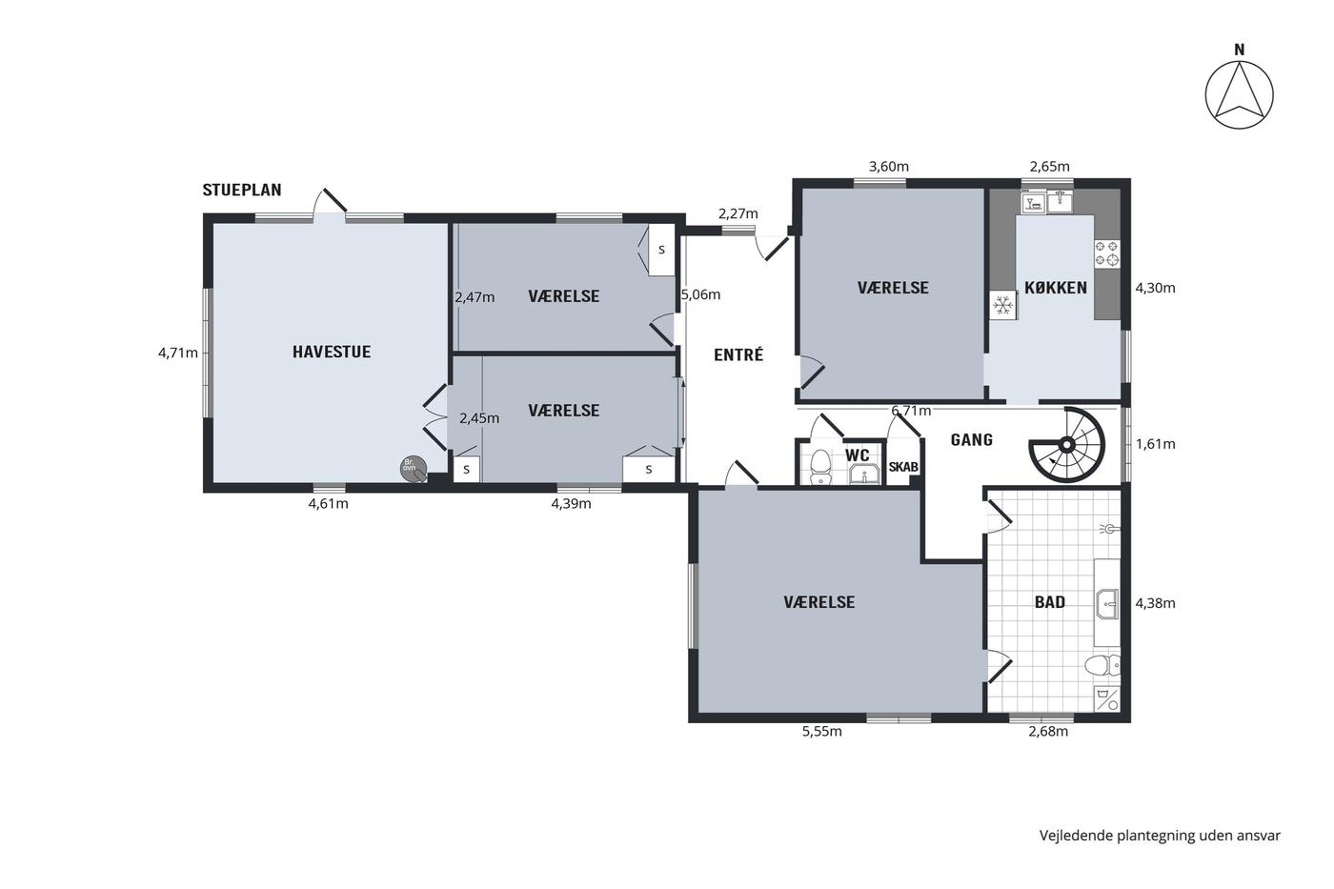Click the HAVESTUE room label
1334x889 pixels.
(x=332, y=352)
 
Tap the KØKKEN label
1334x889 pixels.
(x=1056, y=288)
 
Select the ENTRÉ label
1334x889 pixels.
(x=738, y=354)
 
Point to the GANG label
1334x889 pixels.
(x=971, y=440)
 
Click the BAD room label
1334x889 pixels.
(x=1049, y=602)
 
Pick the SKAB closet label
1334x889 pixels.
(x=903, y=468)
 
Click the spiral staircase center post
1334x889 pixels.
(x=1066, y=444)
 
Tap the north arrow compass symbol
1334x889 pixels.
(x=1240, y=95)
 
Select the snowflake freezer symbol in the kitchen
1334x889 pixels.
(x=1003, y=306)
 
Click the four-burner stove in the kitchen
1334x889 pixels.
(x=1106, y=253)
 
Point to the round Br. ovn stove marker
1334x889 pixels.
(x=414, y=469)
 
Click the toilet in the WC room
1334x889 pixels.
(x=820, y=467)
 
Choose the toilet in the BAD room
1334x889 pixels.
(x=1102, y=665)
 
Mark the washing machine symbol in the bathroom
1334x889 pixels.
(x=1106, y=698)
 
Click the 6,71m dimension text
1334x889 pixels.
(x=911, y=411)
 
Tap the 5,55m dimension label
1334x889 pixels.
(x=821, y=732)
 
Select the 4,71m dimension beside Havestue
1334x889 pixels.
(x=178, y=354)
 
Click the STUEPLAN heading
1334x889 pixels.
(x=242, y=190)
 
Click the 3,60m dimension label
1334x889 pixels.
(x=888, y=167)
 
